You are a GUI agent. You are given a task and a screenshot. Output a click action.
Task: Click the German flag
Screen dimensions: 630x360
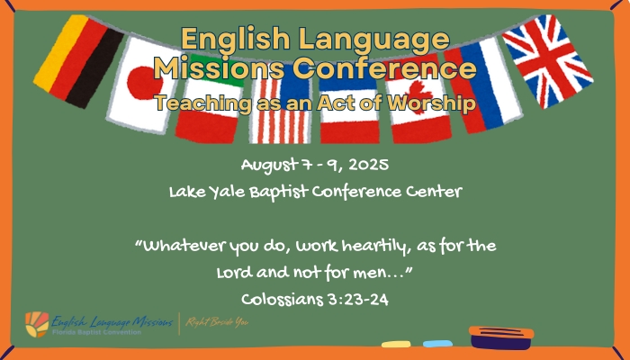(79, 61)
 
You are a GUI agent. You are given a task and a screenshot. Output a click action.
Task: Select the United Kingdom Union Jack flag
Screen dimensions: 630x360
(548, 61)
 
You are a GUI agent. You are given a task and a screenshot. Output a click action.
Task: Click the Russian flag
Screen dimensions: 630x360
(483, 85)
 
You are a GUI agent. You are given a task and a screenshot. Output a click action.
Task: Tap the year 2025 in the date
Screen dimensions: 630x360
(368, 165)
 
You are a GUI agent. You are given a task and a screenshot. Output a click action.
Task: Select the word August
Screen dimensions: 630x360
(269, 166)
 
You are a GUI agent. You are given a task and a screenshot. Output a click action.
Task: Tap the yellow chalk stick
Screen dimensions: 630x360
(396, 345)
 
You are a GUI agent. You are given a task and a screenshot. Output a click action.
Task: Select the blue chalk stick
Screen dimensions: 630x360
(437, 344)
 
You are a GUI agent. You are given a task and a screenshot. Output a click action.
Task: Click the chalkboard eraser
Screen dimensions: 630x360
(501, 337)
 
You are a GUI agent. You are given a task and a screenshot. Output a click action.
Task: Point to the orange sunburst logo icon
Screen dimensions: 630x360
(37, 324)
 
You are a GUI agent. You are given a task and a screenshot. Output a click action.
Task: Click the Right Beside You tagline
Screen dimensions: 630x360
(217, 322)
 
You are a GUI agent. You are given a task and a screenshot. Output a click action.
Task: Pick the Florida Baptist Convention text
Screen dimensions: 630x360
(96, 332)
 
